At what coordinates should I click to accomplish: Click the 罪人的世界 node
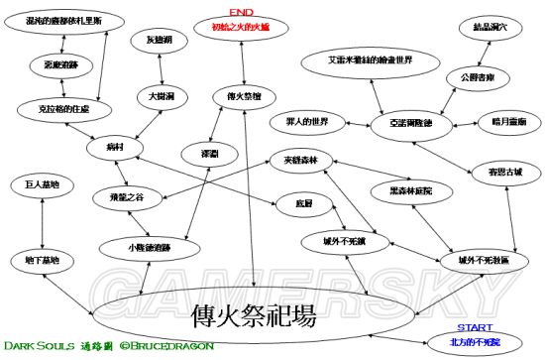(307, 125)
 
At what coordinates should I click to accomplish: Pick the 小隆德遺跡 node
(149, 246)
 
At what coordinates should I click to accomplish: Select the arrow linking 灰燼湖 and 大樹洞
(159, 68)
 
